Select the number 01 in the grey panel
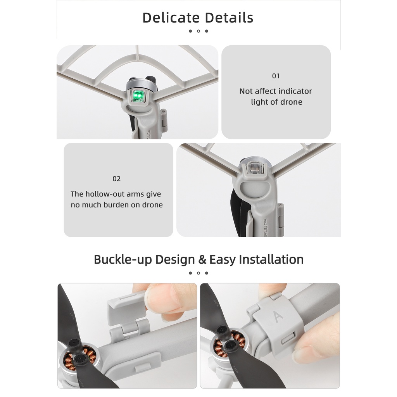click(276, 76)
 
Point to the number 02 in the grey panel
click(117, 179)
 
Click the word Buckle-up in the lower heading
click(123, 259)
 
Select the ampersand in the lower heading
click(202, 259)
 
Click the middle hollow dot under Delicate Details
click(198, 31)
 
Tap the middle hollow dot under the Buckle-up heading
click(198, 273)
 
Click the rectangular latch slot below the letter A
click(287, 340)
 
